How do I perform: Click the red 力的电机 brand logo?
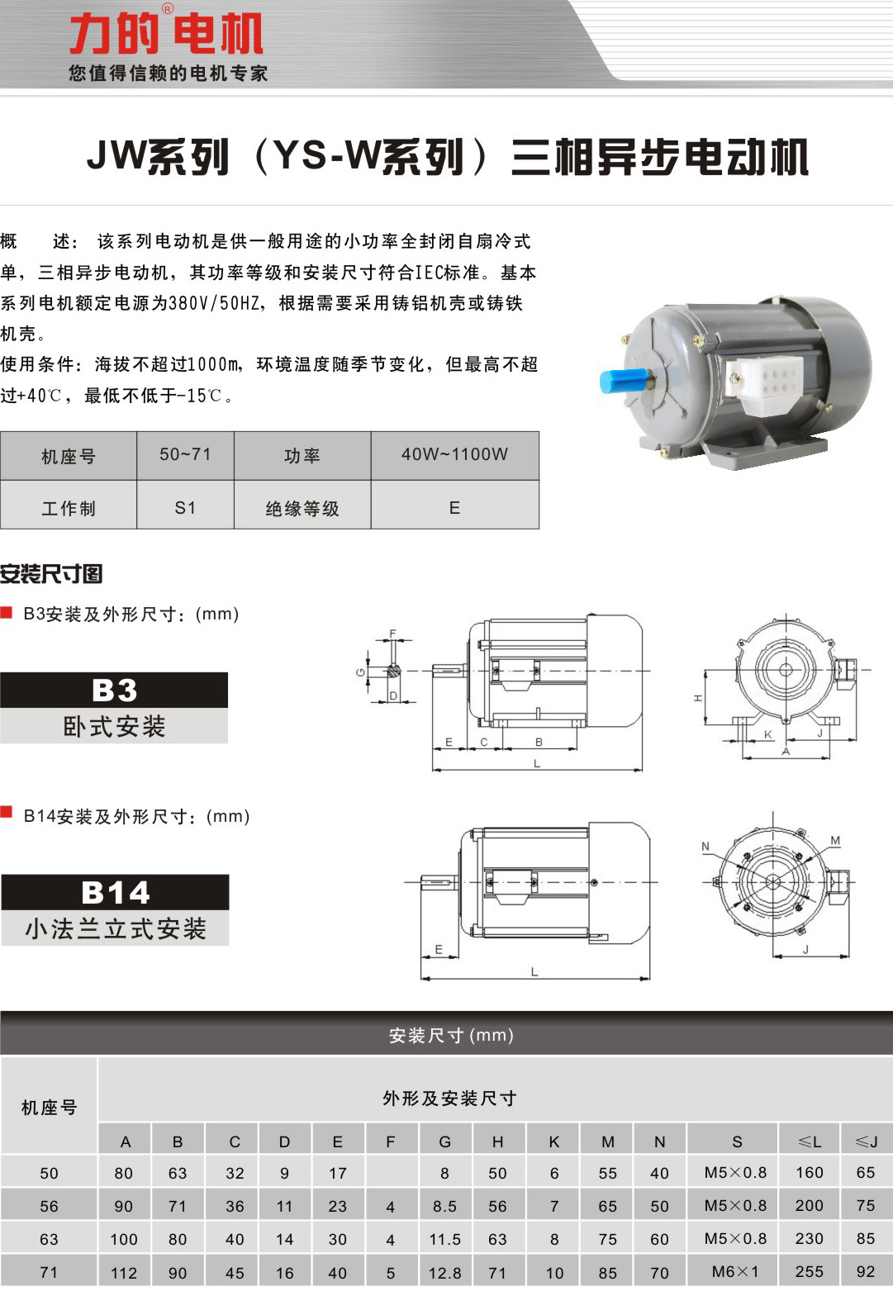click(x=166, y=34)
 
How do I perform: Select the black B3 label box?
click(x=114, y=691)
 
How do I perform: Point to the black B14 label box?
click(x=115, y=893)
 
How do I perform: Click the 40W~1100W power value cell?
click(x=454, y=454)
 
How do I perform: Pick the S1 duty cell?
click(x=185, y=508)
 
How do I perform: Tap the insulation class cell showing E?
click(x=454, y=508)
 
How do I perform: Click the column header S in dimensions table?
click(x=736, y=1141)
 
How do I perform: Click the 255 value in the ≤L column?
click(x=809, y=1272)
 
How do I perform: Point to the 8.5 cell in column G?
click(x=444, y=1207)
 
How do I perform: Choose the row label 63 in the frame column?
click(x=49, y=1240)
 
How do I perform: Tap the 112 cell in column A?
click(x=124, y=1273)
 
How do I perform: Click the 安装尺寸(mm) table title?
click(x=451, y=1036)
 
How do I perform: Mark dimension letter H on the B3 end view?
click(x=698, y=699)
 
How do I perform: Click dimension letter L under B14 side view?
click(x=534, y=971)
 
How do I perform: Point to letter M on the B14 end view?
click(x=835, y=841)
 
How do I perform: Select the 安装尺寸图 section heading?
click(x=51, y=573)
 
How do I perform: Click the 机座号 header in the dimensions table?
click(x=49, y=1107)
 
